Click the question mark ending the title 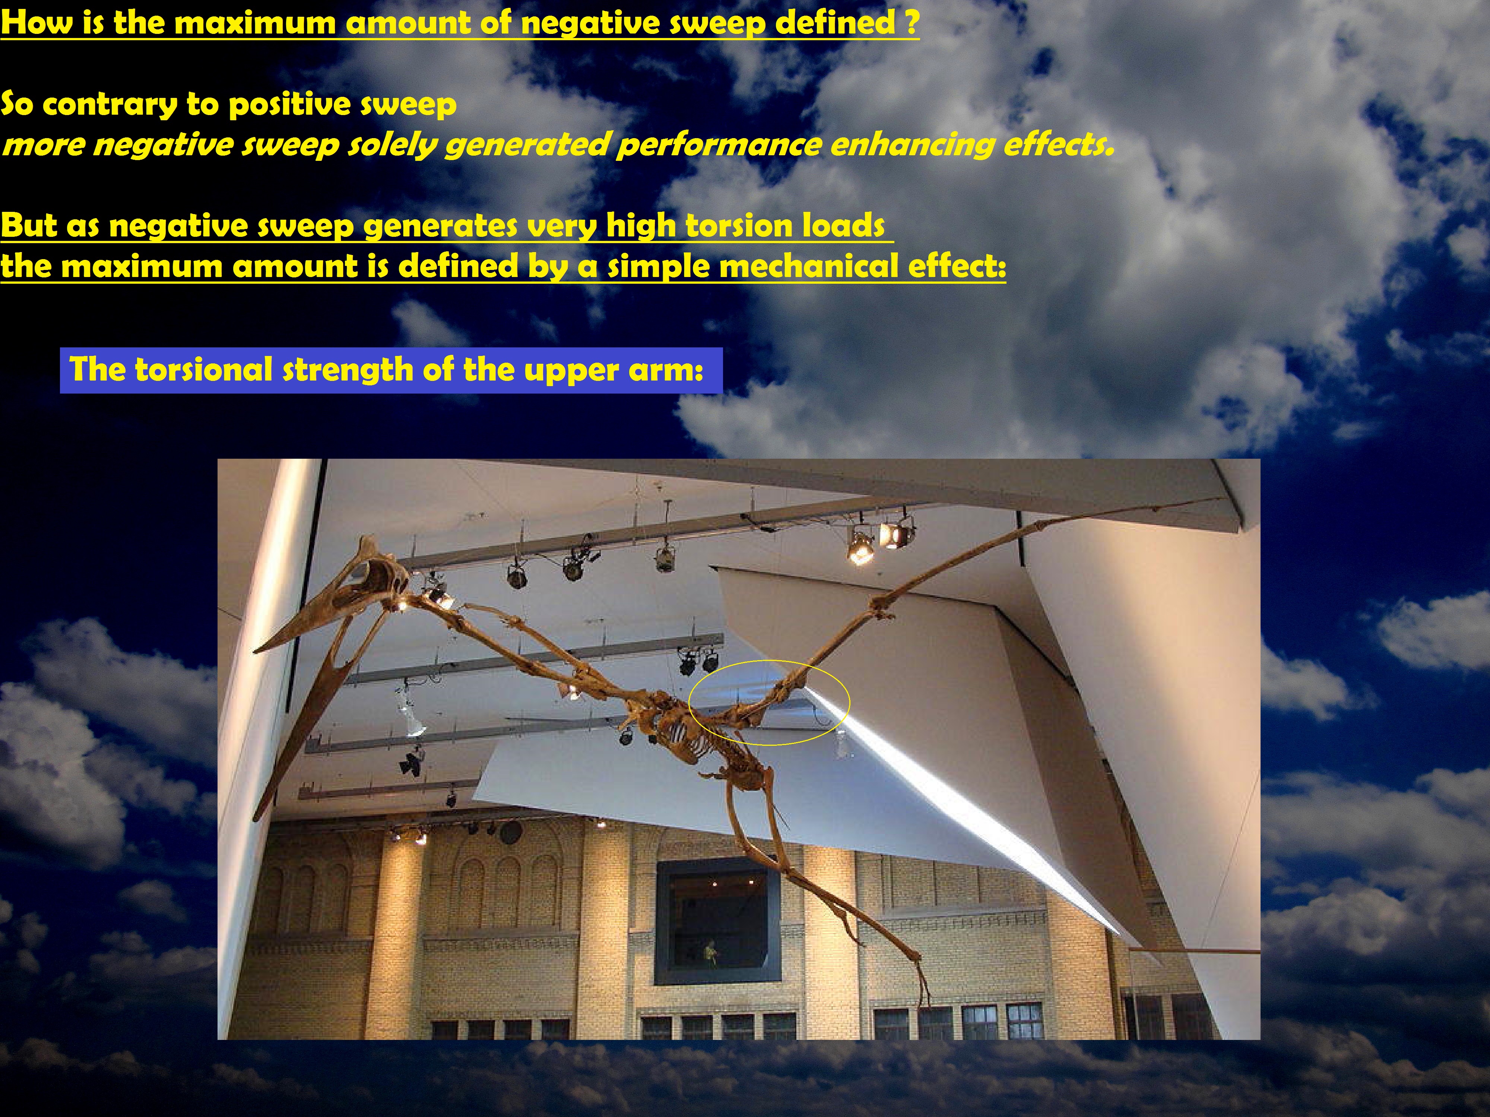click(x=912, y=22)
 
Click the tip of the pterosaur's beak click(x=255, y=652)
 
